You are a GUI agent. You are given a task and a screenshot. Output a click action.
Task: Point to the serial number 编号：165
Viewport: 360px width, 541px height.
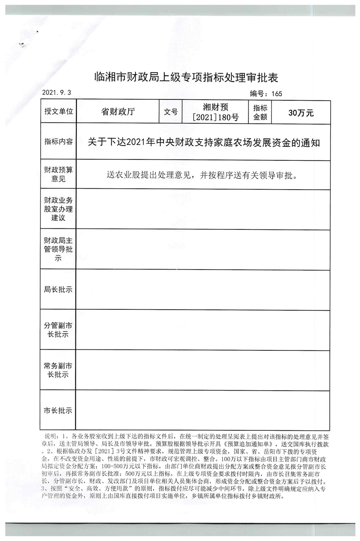266,94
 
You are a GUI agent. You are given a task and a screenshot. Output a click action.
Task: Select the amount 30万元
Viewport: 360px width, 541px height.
300,112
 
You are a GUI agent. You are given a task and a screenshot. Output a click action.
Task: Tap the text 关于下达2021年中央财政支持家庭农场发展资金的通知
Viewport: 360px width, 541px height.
204,143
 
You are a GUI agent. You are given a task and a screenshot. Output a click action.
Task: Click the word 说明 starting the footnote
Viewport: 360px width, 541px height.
50,437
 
